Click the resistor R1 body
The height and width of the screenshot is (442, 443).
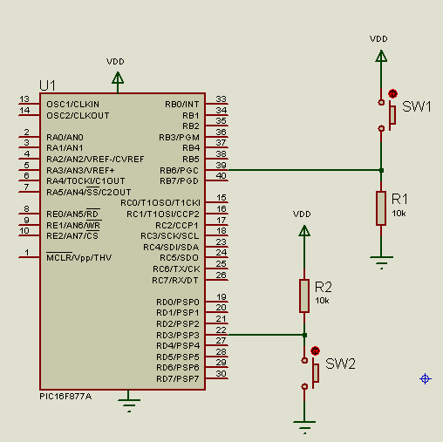(381, 208)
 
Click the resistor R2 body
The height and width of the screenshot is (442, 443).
(304, 296)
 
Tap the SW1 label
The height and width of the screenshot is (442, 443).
(417, 106)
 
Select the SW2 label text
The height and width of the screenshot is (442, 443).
(340, 364)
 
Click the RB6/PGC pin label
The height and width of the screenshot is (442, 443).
(179, 170)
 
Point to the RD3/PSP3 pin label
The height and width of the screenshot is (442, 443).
(178, 335)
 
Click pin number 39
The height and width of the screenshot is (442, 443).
(221, 165)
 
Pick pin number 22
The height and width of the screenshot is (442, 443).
(221, 330)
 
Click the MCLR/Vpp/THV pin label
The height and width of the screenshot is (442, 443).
(79, 257)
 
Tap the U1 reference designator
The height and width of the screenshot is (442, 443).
(47, 85)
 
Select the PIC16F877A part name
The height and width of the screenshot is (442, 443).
(65, 397)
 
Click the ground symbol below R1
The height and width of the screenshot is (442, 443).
(381, 262)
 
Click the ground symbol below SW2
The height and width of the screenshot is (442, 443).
(304, 427)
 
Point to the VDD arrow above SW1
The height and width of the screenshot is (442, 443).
(381, 56)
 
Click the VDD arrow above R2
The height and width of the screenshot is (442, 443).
(304, 231)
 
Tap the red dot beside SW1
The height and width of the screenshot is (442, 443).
(392, 93)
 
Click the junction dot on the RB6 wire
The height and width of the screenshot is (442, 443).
(381, 170)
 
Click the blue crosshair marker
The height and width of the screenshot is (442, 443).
(426, 378)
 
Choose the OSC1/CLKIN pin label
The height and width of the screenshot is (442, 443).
(72, 105)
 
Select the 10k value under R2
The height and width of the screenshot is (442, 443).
(322, 301)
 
